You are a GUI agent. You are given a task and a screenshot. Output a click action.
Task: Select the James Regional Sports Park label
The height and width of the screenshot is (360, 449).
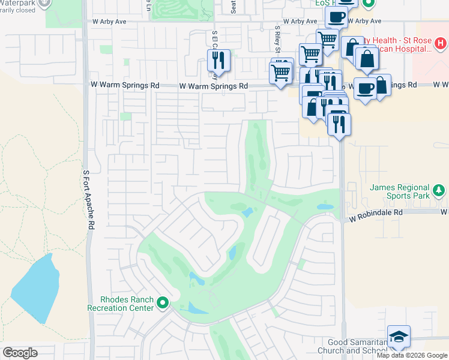tap(399, 191)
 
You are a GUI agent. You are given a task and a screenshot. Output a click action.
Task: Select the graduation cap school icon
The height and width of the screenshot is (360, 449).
tap(399, 338)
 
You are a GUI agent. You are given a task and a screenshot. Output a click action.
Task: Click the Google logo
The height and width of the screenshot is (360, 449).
tap(20, 353)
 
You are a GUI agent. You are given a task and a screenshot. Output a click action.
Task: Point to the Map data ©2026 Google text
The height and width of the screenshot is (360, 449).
tap(411, 355)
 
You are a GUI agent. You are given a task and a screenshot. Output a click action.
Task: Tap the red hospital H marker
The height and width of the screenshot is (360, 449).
tap(441, 43)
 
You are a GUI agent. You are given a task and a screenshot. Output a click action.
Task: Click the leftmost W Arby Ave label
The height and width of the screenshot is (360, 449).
tap(109, 21)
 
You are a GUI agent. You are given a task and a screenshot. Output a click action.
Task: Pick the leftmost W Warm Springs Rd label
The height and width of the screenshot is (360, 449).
tap(125, 85)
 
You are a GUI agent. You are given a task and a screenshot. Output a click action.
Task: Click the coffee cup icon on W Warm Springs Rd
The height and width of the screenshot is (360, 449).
tap(366, 89)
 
